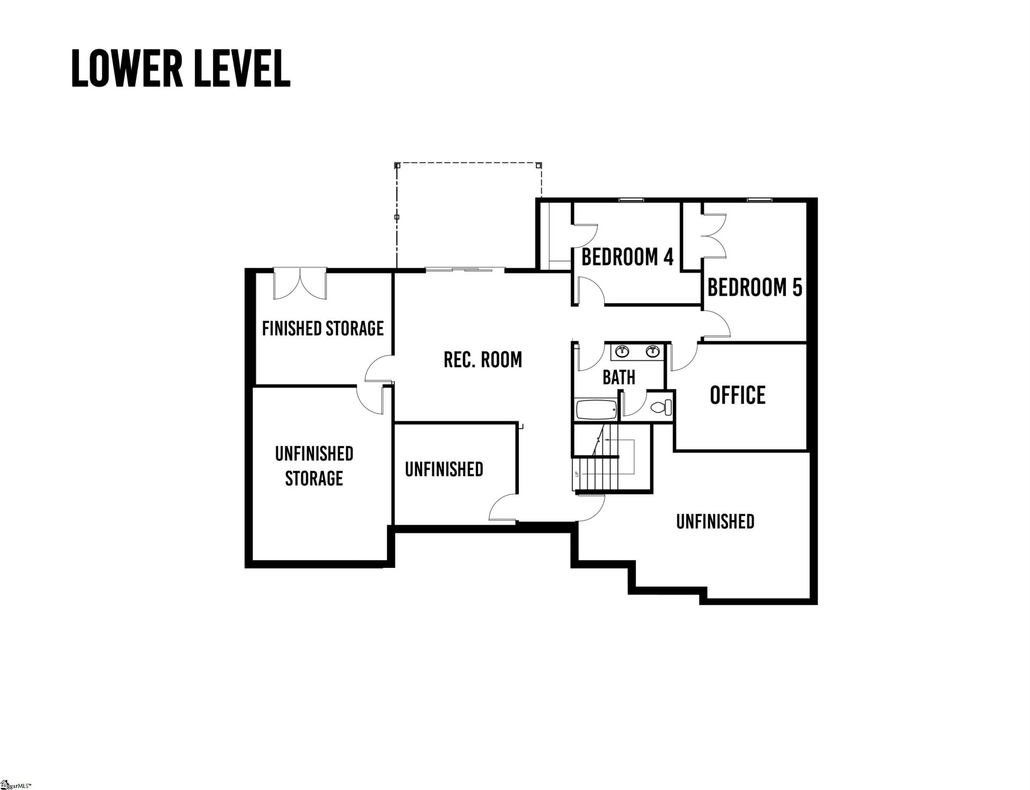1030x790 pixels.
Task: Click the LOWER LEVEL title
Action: [x=181, y=69]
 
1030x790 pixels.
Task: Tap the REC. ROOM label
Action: [x=483, y=360]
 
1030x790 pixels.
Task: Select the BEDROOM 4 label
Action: [x=627, y=257]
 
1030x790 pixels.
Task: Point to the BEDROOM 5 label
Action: [x=755, y=288]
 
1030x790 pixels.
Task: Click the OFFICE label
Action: [x=738, y=395]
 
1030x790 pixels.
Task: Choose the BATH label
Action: [x=619, y=377]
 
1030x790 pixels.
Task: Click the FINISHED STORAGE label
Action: [x=322, y=328]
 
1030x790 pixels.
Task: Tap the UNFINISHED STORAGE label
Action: [x=314, y=466]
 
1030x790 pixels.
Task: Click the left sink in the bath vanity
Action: [x=622, y=352]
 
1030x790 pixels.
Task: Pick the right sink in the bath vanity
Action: [x=652, y=352]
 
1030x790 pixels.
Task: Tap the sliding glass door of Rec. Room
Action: [x=465, y=269]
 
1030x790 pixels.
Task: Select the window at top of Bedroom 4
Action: [x=631, y=201]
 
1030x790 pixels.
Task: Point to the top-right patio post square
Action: [x=539, y=165]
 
